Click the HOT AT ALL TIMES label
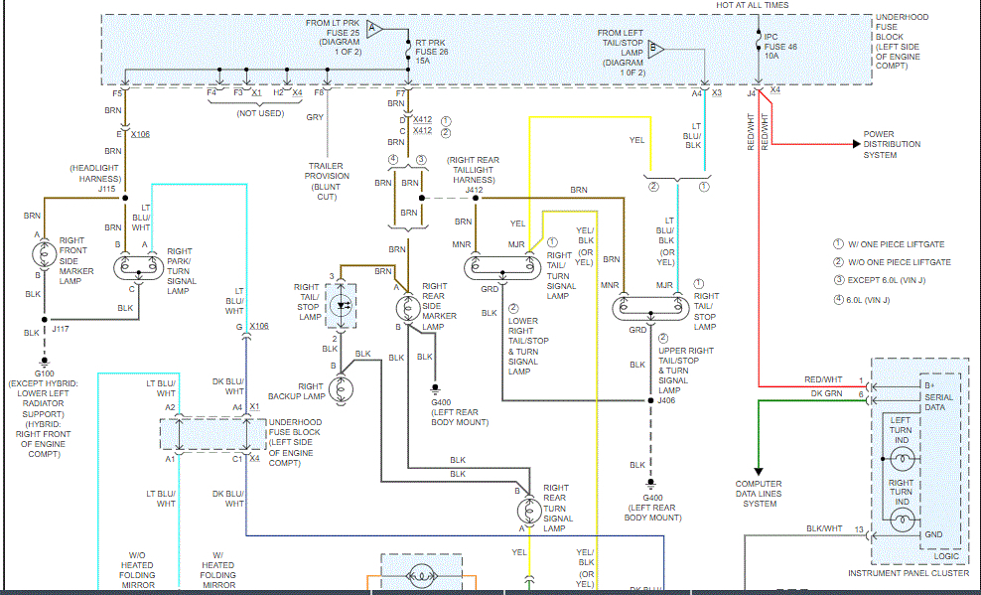(x=753, y=5)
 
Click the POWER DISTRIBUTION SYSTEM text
(x=892, y=144)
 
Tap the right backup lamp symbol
(x=344, y=390)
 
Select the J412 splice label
(x=474, y=190)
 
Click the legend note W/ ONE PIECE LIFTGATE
(x=891, y=243)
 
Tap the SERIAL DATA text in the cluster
(x=912, y=401)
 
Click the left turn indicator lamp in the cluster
(x=901, y=457)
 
